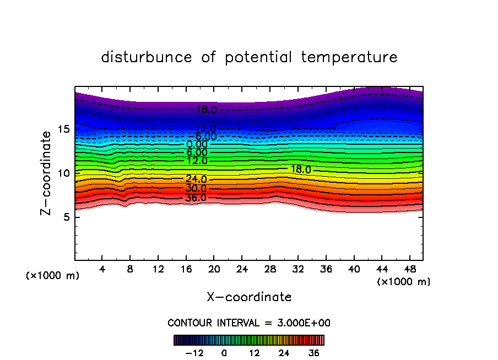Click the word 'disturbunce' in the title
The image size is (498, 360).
point(147,57)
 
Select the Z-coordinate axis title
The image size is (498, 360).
point(47,173)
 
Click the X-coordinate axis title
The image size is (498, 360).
point(249,297)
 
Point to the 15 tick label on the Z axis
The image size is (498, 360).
point(64,129)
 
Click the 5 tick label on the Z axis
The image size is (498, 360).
point(67,217)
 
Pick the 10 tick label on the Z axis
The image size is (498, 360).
point(64,173)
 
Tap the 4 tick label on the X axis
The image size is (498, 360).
point(102,269)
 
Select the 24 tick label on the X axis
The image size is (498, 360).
point(242,269)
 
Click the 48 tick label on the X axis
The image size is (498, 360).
point(409,269)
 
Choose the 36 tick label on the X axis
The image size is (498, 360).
point(326,269)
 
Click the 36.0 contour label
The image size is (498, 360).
point(196,198)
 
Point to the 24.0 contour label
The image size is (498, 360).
point(196,179)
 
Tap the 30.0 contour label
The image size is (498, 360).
point(196,189)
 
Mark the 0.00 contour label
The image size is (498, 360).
point(197,144)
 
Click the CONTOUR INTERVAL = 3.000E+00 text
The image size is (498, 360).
point(249,323)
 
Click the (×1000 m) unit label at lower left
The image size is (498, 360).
point(53,276)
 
